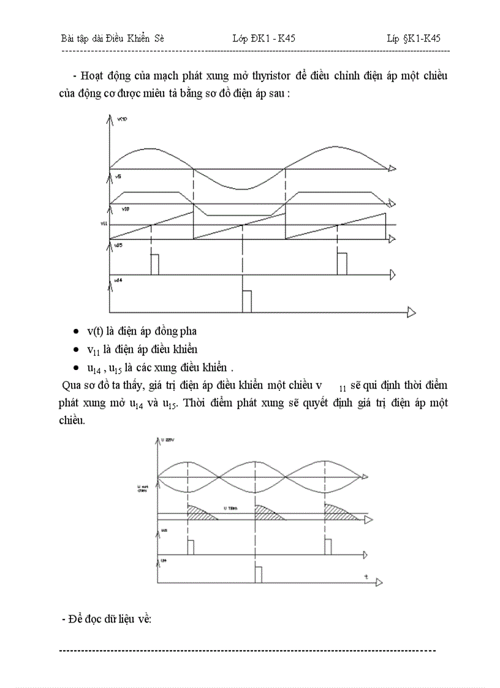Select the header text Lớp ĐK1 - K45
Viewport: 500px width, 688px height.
click(x=264, y=39)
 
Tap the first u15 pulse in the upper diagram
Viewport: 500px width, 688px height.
click(x=154, y=264)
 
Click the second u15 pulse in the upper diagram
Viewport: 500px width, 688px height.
click(x=342, y=264)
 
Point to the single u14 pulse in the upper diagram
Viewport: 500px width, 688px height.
click(x=246, y=302)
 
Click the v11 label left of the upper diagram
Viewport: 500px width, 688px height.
click(x=104, y=224)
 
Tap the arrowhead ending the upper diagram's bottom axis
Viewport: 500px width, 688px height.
click(x=411, y=312)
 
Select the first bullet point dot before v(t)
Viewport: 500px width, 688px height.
click(x=75, y=331)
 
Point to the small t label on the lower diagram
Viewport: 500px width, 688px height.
click(x=365, y=576)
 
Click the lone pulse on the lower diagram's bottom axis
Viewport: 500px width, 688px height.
click(x=258, y=575)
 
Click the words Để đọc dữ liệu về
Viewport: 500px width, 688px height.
click(x=107, y=619)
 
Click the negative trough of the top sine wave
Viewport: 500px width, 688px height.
click(x=241, y=188)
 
